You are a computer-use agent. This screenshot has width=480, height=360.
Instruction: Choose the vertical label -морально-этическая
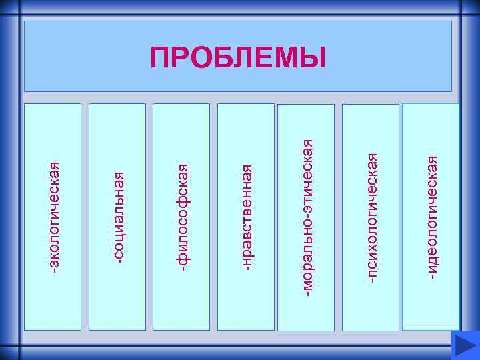coord(307,217)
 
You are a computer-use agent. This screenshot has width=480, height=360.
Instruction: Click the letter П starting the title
coord(160,58)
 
